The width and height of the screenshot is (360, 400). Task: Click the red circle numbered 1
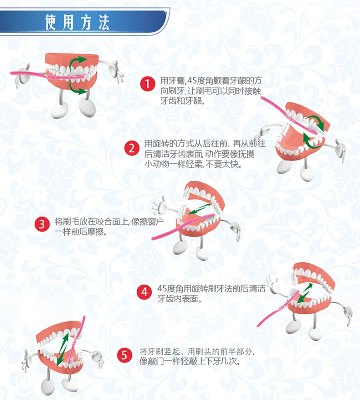148,83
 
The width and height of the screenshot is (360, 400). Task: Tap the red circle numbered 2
132,148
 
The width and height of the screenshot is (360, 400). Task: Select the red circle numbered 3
42,224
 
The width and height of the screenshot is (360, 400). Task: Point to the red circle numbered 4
144,292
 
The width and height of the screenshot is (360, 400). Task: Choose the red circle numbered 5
124,355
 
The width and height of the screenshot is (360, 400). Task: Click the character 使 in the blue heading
51,22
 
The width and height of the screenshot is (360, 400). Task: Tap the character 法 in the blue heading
104,22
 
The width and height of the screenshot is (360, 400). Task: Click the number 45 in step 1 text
192,81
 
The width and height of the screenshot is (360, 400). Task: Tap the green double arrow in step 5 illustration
62,349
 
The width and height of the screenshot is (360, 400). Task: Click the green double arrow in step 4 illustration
305,293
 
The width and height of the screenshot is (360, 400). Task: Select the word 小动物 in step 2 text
157,164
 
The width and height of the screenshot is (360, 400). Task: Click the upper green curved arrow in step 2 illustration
316,121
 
